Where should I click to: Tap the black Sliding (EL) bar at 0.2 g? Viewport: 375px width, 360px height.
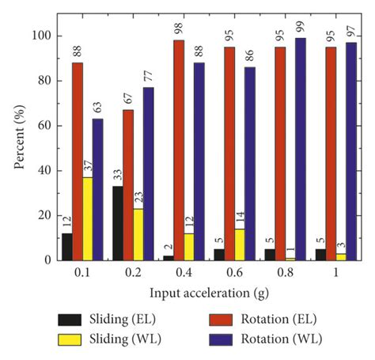[118, 223]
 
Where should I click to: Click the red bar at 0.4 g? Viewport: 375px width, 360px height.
[179, 150]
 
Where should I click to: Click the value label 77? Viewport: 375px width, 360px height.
[148, 77]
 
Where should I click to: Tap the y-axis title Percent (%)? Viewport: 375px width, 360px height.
[17, 148]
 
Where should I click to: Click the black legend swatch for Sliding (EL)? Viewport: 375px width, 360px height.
[73, 320]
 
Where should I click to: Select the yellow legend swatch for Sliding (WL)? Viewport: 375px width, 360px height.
[73, 342]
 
